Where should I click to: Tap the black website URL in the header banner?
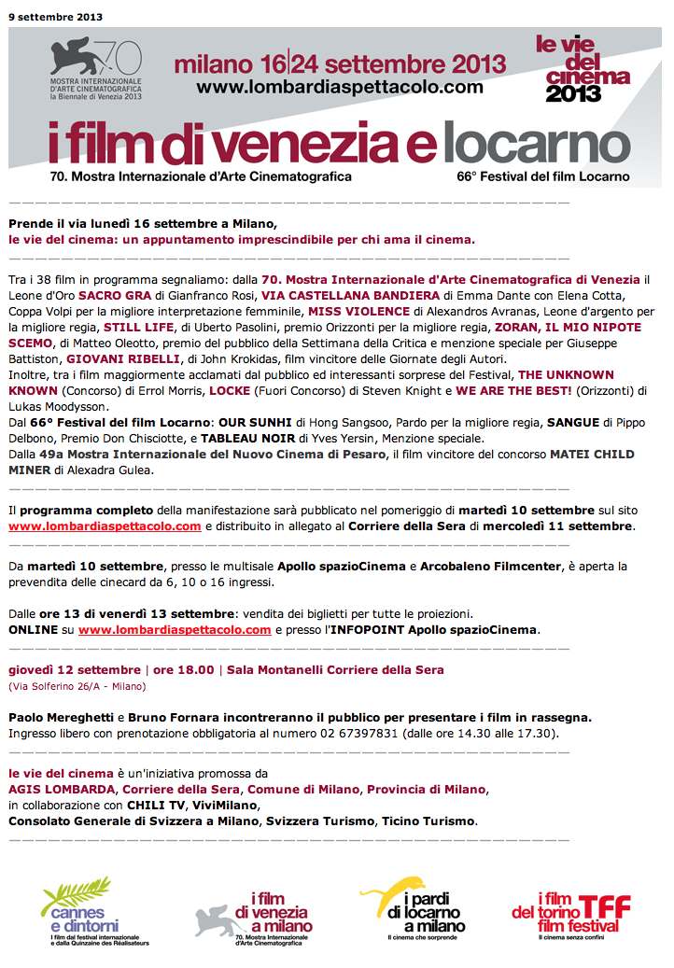[340, 87]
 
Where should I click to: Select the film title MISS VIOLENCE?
[358, 312]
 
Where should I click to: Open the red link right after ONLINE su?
[175, 630]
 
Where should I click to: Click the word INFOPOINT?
[365, 630]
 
